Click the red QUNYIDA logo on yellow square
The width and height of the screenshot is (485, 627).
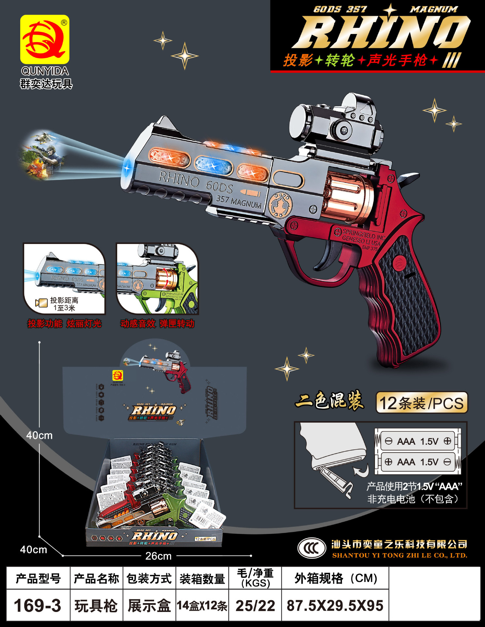45,40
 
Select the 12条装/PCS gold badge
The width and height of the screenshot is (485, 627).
421,403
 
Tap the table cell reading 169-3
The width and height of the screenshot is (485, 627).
38,605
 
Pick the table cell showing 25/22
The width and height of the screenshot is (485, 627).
255,605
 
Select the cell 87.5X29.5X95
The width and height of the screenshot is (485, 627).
335,605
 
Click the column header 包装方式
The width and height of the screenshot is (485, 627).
149,578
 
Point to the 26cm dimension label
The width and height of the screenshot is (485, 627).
158,556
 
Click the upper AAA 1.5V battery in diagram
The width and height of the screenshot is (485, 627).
418,442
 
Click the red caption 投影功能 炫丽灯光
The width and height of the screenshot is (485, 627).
64,324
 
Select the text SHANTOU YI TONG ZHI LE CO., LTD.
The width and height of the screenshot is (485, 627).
399,555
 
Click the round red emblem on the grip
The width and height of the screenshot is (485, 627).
399,263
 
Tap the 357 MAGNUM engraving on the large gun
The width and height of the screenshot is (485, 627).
239,201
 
